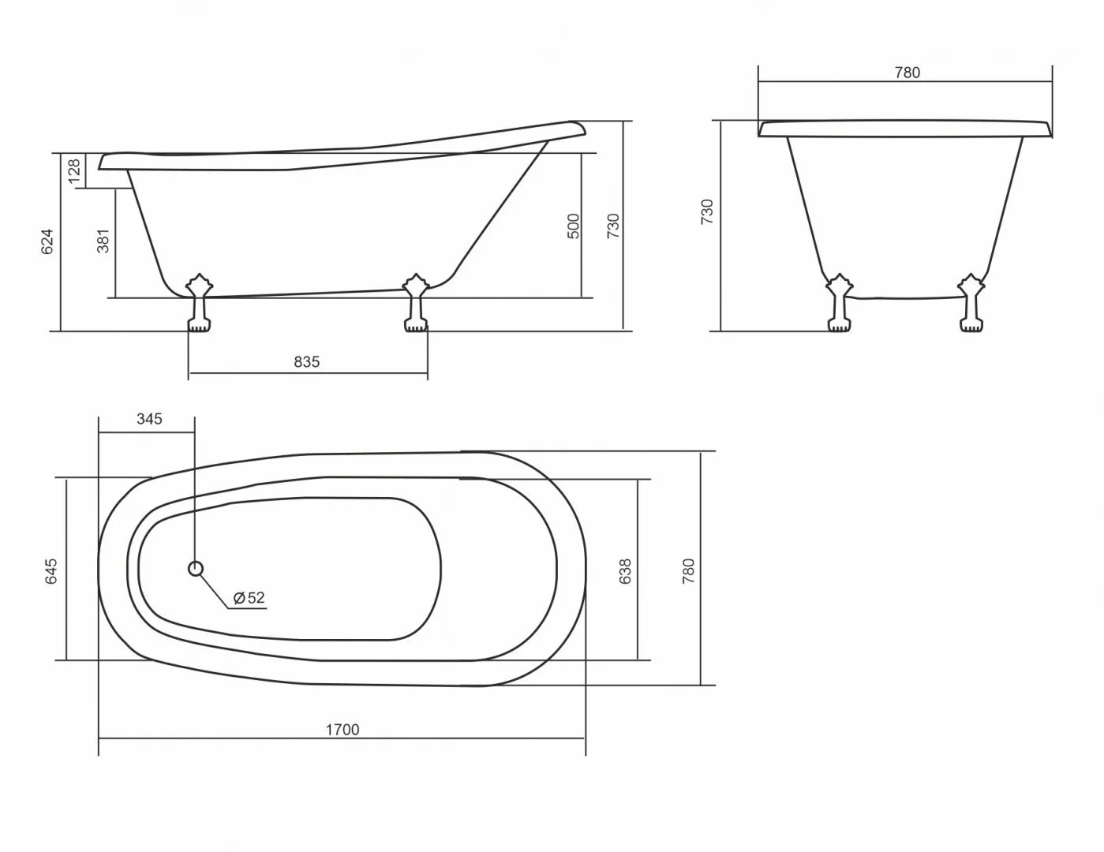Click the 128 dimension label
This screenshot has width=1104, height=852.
tap(74, 171)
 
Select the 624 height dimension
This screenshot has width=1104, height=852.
tap(47, 241)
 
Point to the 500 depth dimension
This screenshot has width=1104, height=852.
tap(574, 226)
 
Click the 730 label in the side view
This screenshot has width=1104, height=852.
tap(613, 226)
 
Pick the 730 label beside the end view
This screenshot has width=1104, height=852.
tap(707, 212)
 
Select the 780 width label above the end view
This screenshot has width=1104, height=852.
tap(907, 73)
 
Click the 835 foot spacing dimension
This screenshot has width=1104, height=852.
tap(307, 362)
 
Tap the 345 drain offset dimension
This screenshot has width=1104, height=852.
tap(149, 419)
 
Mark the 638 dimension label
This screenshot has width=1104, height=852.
tap(626, 571)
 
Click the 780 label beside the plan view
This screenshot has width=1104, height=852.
tap(688, 570)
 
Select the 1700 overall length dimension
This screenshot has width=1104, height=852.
tap(342, 730)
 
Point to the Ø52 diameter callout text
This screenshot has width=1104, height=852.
tap(249, 598)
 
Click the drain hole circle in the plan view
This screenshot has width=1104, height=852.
tap(196, 568)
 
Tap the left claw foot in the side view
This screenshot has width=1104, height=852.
tap(198, 303)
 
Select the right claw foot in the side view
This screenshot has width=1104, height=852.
tap(415, 303)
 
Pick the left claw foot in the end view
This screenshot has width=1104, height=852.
tap(840, 303)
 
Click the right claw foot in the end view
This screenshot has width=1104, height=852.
tap(971, 303)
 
